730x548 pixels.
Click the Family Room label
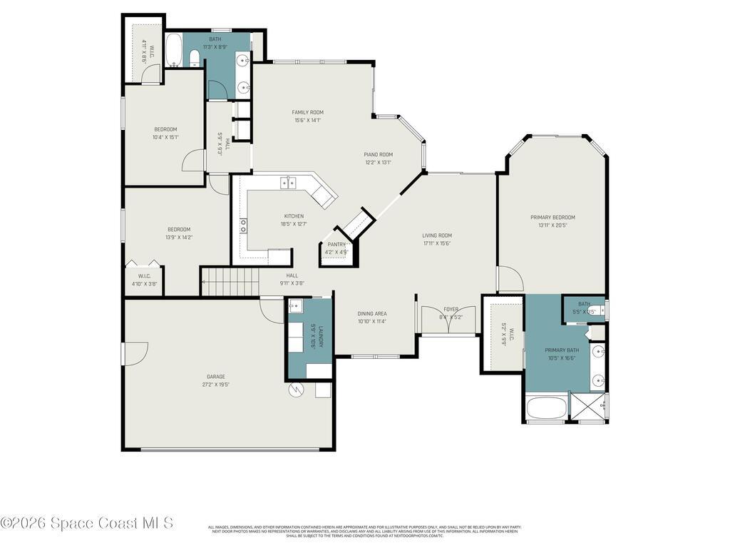click(307, 112)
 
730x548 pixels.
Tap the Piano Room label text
click(379, 154)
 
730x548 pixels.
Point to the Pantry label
click(336, 245)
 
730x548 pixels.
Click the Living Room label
click(437, 235)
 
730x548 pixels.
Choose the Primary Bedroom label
click(552, 218)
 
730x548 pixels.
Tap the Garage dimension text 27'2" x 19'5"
click(216, 385)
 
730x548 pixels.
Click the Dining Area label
click(372, 313)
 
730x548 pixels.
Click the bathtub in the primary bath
click(547, 408)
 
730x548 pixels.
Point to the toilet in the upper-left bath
click(195, 58)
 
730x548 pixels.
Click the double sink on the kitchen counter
click(288, 183)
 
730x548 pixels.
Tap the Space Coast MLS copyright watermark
click(86, 523)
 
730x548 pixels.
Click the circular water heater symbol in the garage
click(297, 390)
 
